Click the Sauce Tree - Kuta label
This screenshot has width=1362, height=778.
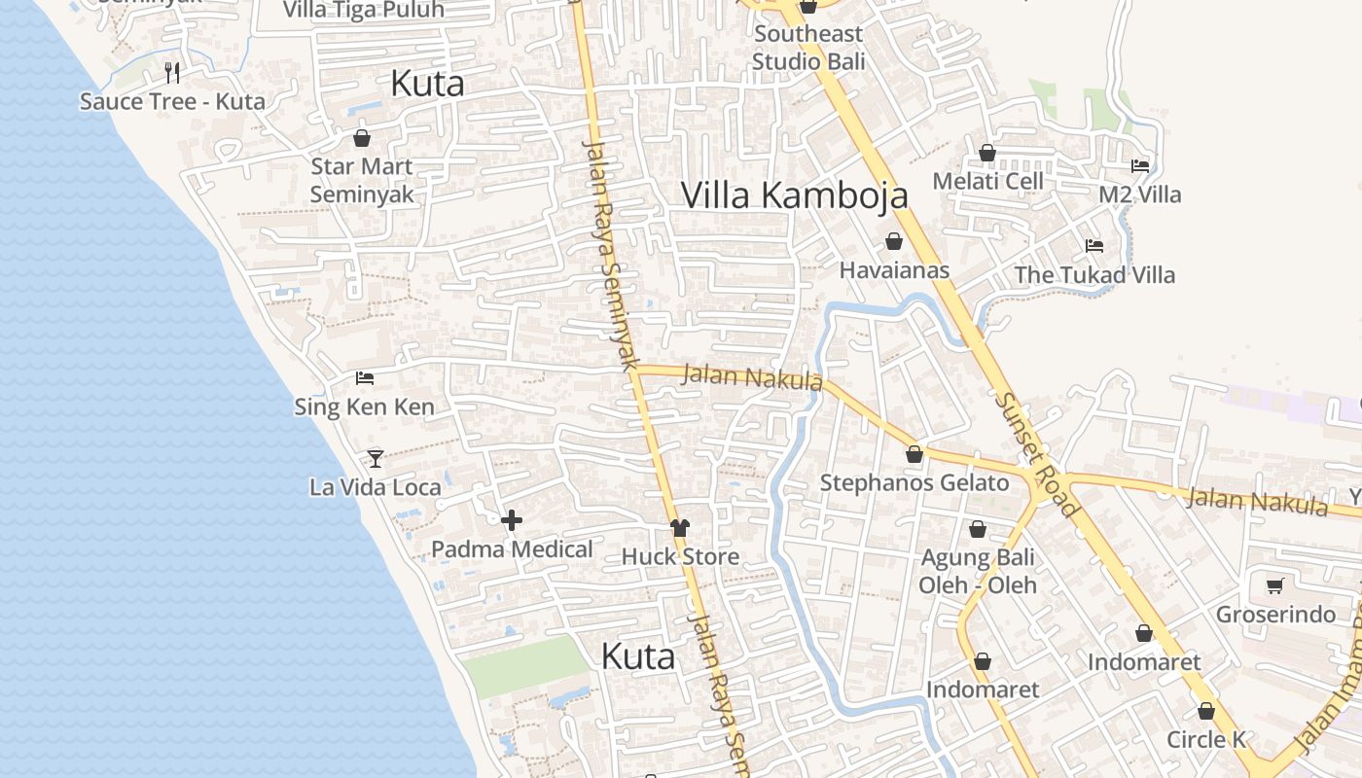click(x=172, y=101)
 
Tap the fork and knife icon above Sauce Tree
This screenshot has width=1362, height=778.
click(x=172, y=72)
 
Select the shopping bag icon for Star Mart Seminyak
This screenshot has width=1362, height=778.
click(x=362, y=138)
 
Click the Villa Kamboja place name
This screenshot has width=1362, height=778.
click(x=794, y=194)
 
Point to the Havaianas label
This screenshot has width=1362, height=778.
click(x=894, y=270)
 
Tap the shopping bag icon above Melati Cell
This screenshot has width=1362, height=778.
click(x=986, y=153)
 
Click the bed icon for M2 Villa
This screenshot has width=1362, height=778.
click(x=1140, y=166)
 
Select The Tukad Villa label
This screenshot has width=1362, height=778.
click(x=1094, y=275)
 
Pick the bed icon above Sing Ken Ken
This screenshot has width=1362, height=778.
click(x=365, y=377)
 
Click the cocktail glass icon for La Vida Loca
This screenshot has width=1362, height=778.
click(x=376, y=458)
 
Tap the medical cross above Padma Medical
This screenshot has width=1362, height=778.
click(x=512, y=520)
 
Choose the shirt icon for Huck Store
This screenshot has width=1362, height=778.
click(x=680, y=528)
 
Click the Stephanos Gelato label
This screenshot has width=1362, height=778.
click(x=914, y=483)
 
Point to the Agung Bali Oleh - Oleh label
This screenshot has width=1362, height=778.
click(x=978, y=572)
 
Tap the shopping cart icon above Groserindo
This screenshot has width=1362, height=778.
click(x=1274, y=585)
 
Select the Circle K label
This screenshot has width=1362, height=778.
click(x=1206, y=739)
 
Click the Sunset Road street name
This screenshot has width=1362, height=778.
click(x=1037, y=453)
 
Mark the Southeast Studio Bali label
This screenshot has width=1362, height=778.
click(x=807, y=48)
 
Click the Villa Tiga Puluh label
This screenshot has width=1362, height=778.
click(x=363, y=10)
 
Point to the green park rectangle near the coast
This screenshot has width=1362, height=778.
click(x=526, y=666)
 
